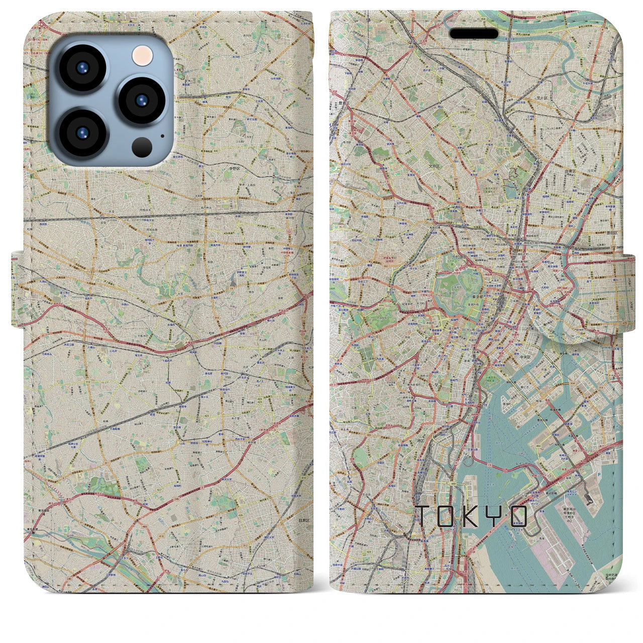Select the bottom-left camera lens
click(x=82, y=132)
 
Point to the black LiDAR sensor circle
click(x=143, y=147)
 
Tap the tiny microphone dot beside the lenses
click(x=162, y=135)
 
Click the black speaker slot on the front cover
click(x=474, y=34)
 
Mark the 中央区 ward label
click(x=526, y=357)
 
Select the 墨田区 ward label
click(x=612, y=242)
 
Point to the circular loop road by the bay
click(x=469, y=459)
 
